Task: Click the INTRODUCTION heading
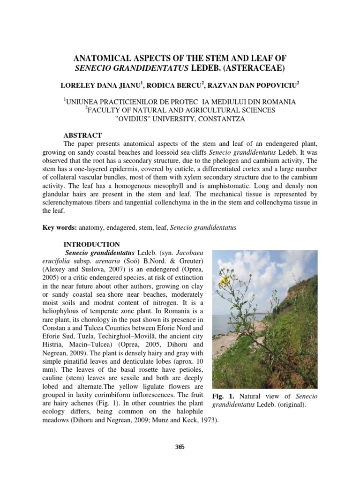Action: coord(91,244)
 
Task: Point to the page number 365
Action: coord(180,447)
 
